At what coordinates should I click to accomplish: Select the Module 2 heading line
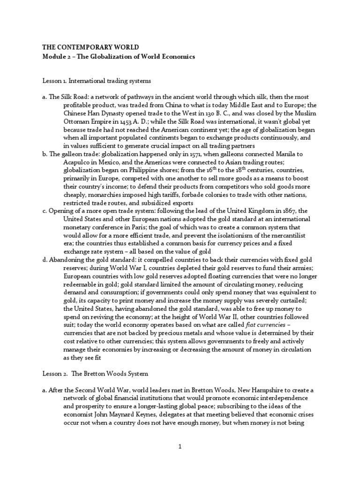118,56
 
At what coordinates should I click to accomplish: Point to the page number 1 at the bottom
180,447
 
